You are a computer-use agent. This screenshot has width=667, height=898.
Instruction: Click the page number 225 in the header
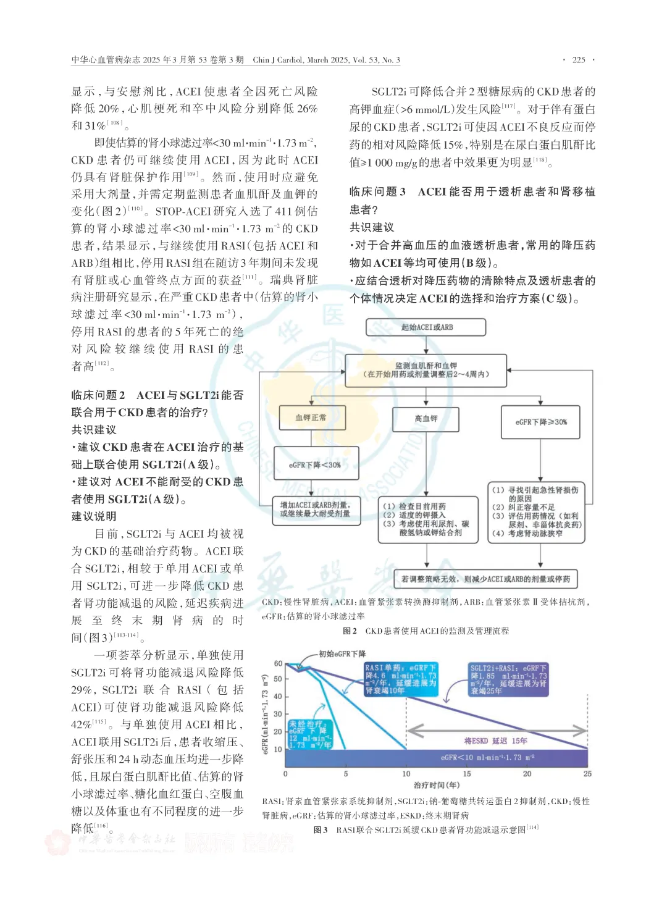pyautogui.click(x=579, y=60)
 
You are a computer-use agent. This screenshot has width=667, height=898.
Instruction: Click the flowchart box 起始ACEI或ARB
pyautogui.click(x=426, y=327)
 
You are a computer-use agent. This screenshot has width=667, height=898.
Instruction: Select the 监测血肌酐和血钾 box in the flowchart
pyautogui.click(x=426, y=370)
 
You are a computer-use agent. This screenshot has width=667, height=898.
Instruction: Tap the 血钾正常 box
pyautogui.click(x=311, y=418)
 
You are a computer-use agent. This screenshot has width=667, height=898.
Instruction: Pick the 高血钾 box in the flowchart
pyautogui.click(x=426, y=419)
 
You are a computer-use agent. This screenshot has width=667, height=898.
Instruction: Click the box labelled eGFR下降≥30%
pyautogui.click(x=540, y=422)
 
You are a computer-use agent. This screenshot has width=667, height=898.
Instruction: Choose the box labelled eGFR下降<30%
pyautogui.click(x=315, y=464)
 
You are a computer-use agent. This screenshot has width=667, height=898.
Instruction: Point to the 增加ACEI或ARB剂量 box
pyautogui.click(x=316, y=510)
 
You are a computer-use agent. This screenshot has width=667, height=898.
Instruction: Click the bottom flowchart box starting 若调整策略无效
pyautogui.click(x=485, y=579)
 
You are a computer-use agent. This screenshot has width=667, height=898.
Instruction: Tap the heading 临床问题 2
pyautogui.click(x=98, y=395)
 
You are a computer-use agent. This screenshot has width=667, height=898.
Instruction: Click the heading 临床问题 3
pyautogui.click(x=377, y=192)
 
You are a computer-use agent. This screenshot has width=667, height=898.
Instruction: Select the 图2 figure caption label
pyautogui.click(x=350, y=631)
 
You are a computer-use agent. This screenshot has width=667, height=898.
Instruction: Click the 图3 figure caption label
pyautogui.click(x=320, y=829)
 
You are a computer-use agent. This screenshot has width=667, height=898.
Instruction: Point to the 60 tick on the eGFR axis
pyautogui.click(x=278, y=664)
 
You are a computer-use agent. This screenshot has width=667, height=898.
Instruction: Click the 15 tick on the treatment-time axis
pyautogui.click(x=467, y=773)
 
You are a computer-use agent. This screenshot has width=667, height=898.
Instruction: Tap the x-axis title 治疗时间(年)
pyautogui.click(x=437, y=785)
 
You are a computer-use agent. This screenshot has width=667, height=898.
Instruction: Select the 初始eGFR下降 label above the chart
pyautogui.click(x=342, y=653)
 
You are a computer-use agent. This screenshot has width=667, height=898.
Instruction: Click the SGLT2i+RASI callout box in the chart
pyautogui.click(x=508, y=679)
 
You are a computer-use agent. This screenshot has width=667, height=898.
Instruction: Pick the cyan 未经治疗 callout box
pyautogui.click(x=310, y=734)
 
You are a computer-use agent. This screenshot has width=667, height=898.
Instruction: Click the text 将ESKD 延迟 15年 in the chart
pyautogui.click(x=495, y=741)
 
